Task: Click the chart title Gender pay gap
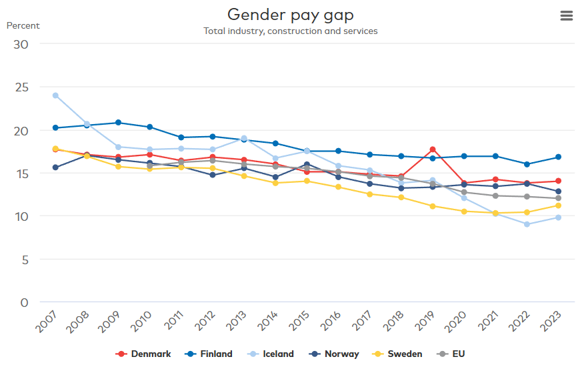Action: click(290, 15)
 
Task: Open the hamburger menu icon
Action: click(567, 15)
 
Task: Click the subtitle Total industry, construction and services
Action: click(290, 31)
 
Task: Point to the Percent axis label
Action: click(23, 26)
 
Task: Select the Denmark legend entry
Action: click(143, 354)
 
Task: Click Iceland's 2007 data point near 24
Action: click(55, 95)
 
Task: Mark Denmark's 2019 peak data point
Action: click(433, 149)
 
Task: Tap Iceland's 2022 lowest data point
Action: click(527, 224)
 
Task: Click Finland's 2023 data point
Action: click(558, 157)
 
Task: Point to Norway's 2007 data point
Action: click(55, 167)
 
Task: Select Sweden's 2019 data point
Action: click(433, 206)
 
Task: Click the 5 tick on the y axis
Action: click(25, 260)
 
